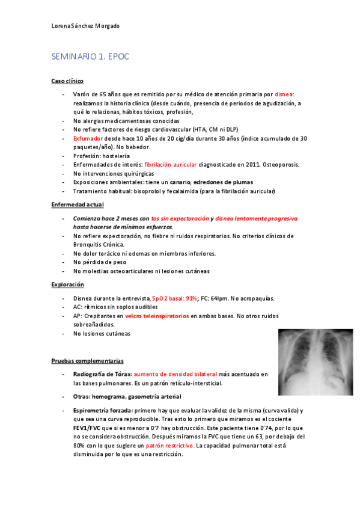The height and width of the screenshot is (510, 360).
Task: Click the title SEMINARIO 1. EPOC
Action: pos(90,57)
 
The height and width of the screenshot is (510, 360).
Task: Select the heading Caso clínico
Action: pos(67,81)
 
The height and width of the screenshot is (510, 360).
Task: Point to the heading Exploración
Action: pos(68,284)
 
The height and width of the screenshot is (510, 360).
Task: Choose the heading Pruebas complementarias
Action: pos(88,361)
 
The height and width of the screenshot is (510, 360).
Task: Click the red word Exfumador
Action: pos(88,138)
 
